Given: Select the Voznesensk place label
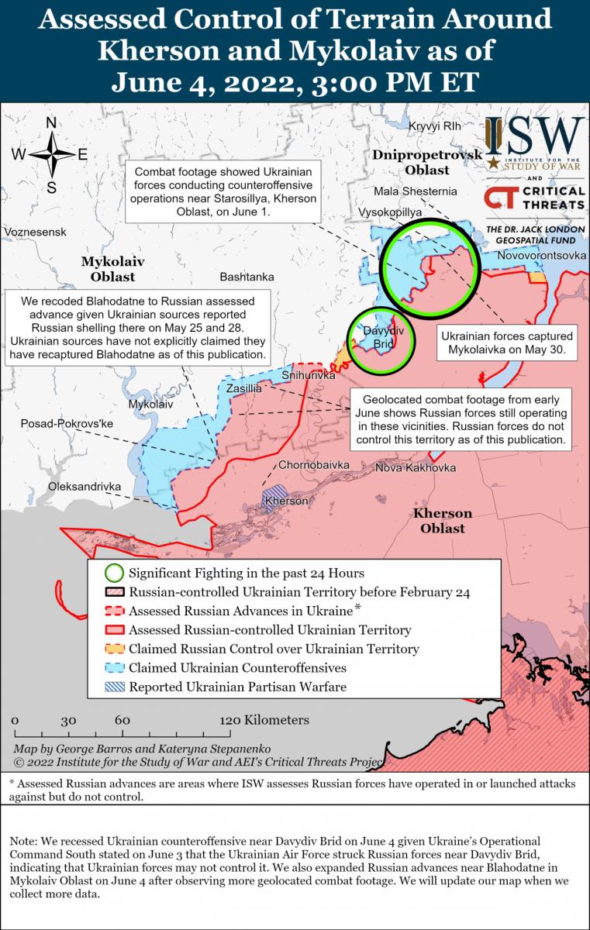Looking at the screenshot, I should [x=35, y=232].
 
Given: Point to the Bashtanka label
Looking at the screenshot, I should [x=247, y=276].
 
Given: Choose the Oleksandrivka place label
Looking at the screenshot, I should [x=85, y=486].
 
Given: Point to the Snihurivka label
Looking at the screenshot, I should [x=309, y=375].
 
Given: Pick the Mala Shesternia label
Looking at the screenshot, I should [x=416, y=191].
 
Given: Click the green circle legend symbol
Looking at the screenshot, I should [x=114, y=573].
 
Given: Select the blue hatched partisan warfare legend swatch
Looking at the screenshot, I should [x=114, y=686].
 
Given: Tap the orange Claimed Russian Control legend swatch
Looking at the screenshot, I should [x=114, y=649].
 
